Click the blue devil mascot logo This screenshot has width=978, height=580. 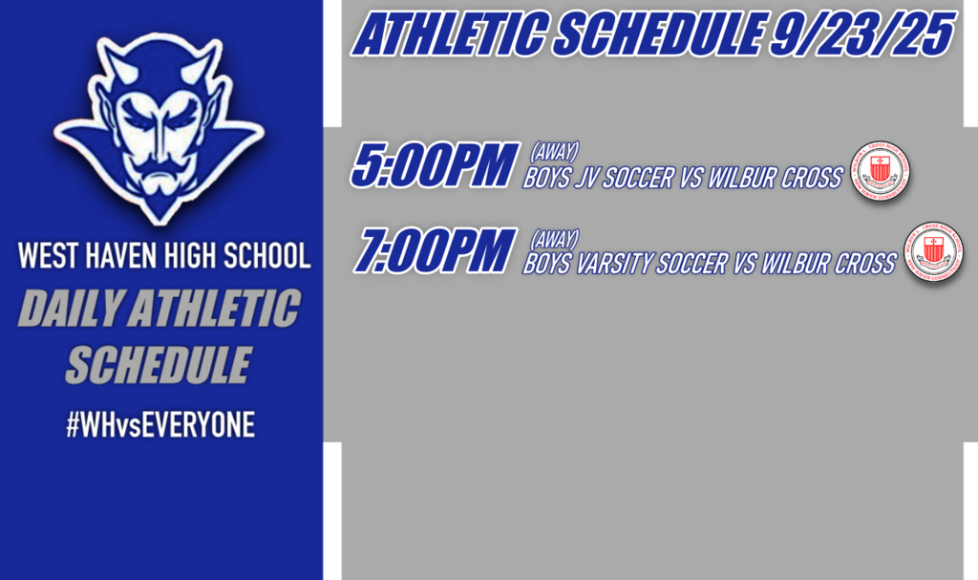click(x=159, y=124)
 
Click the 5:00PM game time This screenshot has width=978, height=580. click(x=435, y=165)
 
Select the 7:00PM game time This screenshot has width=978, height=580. click(x=435, y=250)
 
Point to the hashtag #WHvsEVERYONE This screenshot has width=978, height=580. click(x=160, y=425)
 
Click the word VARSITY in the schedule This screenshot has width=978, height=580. click(x=619, y=264)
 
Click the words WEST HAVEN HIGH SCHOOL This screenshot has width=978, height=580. click(x=164, y=257)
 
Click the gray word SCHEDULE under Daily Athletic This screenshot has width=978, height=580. click(x=159, y=365)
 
